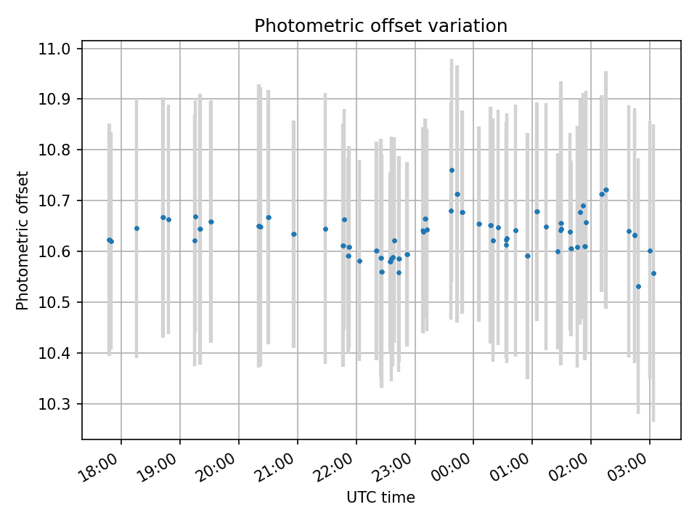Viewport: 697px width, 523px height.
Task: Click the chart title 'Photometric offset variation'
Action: [x=380, y=26]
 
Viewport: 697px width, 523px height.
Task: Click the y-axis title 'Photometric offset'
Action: [x=23, y=240]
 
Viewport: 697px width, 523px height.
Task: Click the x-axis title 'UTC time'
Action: [x=380, y=498]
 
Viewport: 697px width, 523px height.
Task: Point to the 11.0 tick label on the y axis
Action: [x=55, y=49]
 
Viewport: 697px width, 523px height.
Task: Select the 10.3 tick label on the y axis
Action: [x=55, y=404]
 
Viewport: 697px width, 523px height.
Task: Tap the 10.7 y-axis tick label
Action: [x=55, y=200]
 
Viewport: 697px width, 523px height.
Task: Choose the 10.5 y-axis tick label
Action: [x=55, y=302]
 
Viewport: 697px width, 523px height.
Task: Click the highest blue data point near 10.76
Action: [x=452, y=170]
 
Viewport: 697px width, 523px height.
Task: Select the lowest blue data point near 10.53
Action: [x=638, y=286]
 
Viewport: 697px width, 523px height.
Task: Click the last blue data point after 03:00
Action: [x=653, y=273]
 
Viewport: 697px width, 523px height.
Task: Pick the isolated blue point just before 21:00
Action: [x=293, y=234]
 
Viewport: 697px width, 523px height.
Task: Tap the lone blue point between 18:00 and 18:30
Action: [x=136, y=228]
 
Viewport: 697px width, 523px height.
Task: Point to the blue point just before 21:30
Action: [x=325, y=229]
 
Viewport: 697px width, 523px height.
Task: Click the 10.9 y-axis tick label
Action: [x=55, y=99]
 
